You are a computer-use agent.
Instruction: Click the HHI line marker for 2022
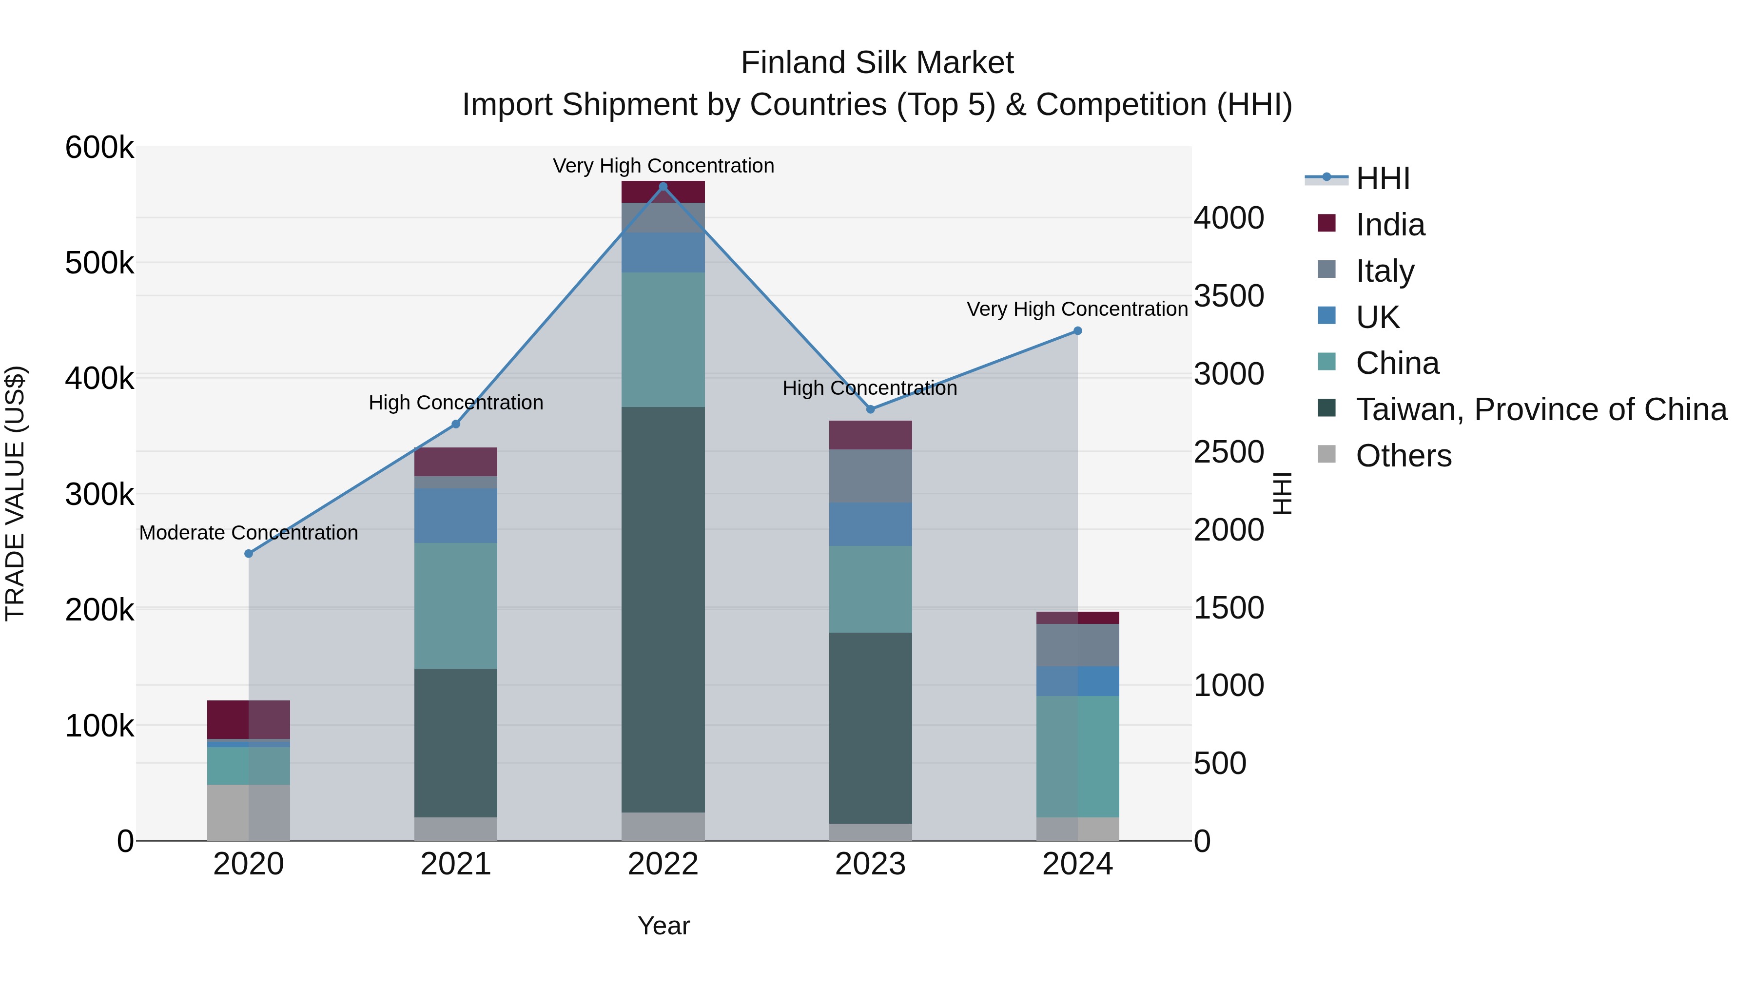tap(663, 187)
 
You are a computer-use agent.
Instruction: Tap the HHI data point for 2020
tap(249, 554)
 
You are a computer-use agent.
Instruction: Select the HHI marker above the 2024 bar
tap(1077, 331)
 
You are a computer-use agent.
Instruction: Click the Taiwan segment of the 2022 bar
tap(663, 610)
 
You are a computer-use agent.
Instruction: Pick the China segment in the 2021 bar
tap(456, 605)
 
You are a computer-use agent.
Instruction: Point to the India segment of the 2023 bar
tap(870, 435)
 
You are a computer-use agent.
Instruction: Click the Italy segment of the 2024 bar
tap(1077, 645)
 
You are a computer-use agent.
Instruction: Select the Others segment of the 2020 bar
tap(249, 813)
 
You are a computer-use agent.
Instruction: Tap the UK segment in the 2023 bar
tap(870, 524)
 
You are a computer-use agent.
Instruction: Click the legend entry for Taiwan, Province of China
tap(1541, 409)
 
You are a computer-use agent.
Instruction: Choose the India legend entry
tap(1390, 225)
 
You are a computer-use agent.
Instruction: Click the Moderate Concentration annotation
tap(249, 533)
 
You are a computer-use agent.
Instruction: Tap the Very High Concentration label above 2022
tap(663, 166)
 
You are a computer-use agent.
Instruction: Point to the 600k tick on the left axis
tap(99, 148)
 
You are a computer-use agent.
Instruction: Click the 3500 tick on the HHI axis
tap(1228, 296)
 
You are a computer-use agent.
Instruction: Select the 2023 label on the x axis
tap(870, 864)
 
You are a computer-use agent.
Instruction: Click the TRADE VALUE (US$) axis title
tap(15, 493)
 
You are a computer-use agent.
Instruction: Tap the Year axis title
tap(663, 926)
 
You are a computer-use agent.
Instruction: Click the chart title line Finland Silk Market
tap(877, 63)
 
